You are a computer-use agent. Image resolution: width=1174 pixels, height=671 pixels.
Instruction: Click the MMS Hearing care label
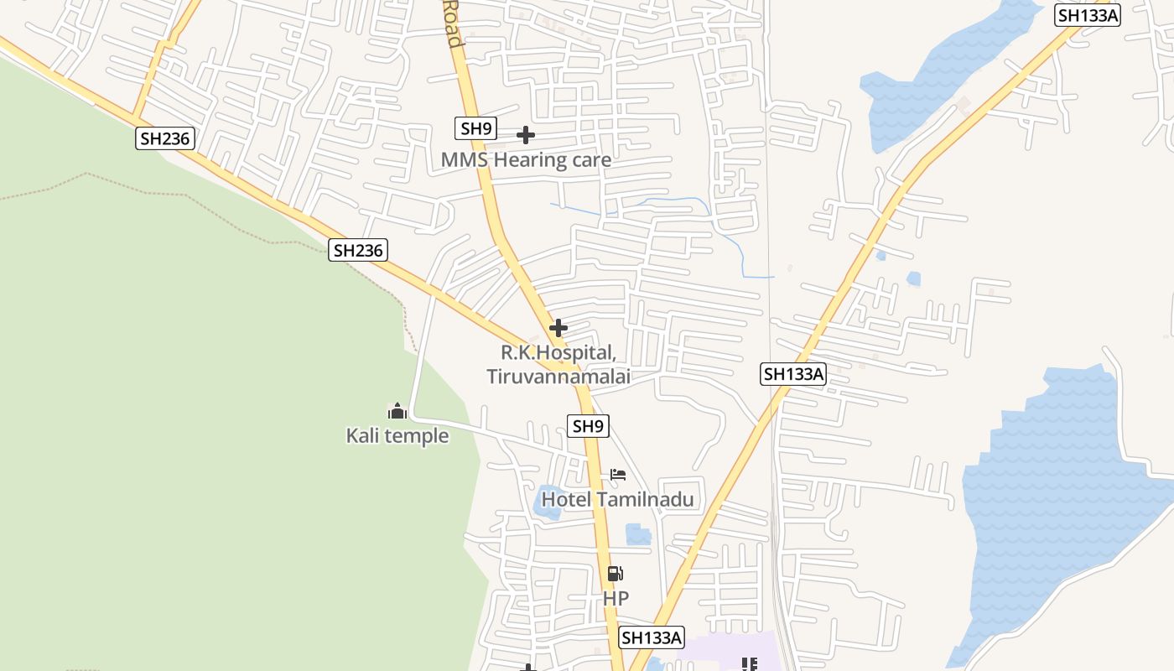point(526,159)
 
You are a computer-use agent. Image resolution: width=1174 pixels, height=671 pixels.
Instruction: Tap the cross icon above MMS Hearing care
point(526,135)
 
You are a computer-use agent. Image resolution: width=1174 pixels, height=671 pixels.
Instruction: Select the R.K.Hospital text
point(558,352)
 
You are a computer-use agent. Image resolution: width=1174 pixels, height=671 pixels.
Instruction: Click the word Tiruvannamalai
point(558,377)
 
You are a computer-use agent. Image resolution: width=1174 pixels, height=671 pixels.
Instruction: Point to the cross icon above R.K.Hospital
point(558,328)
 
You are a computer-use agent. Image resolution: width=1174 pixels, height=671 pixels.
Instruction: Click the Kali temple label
point(397,436)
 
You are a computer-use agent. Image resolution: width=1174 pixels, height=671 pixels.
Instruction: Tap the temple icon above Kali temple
point(397,412)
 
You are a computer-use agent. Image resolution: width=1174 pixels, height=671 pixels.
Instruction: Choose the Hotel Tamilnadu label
point(617,500)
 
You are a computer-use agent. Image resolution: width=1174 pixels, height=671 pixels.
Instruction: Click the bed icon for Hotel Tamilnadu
point(618,475)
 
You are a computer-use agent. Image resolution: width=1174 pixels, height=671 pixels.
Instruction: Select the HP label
point(616,599)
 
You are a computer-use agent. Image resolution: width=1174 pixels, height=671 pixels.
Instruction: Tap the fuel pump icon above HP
point(616,574)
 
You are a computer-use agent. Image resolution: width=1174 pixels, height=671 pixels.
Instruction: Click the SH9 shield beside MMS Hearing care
point(476,128)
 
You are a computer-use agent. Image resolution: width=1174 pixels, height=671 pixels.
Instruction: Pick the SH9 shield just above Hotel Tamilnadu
point(588,426)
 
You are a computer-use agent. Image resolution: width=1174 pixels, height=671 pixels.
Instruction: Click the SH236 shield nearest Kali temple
point(358,249)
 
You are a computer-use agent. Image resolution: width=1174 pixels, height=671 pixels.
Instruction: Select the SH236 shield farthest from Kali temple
point(165,138)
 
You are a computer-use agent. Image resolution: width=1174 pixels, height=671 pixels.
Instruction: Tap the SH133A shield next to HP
point(652,637)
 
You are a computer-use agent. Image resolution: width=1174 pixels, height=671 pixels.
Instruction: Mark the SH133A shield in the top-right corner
point(1088,14)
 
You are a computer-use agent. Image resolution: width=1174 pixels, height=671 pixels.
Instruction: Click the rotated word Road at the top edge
point(451,23)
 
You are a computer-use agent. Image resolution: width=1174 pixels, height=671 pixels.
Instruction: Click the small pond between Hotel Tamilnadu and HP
point(638,534)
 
